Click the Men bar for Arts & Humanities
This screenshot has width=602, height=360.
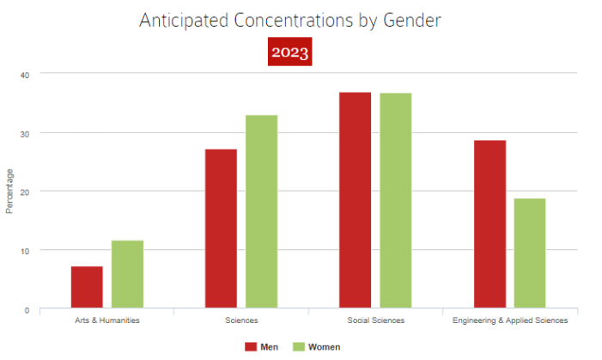pos(87,287)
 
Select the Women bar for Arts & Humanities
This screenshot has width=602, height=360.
pos(127,274)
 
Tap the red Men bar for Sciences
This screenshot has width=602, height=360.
pos(221,229)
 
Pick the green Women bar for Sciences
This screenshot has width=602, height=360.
pos(261,211)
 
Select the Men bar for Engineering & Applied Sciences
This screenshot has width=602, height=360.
pos(490,223)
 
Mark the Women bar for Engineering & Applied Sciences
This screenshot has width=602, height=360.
pos(529,253)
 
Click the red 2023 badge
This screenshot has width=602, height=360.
pos(289,52)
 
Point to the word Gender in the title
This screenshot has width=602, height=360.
pos(411,20)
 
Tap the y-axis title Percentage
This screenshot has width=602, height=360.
pos(10,191)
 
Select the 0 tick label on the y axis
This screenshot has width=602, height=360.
pos(27,309)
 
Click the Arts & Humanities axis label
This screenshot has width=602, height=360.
pos(106,320)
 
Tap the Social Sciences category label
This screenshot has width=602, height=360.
pos(374,320)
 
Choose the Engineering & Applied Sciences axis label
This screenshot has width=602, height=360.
pos(510,320)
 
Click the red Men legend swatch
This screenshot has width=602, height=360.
pos(251,347)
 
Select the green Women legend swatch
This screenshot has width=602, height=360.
pos(300,347)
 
